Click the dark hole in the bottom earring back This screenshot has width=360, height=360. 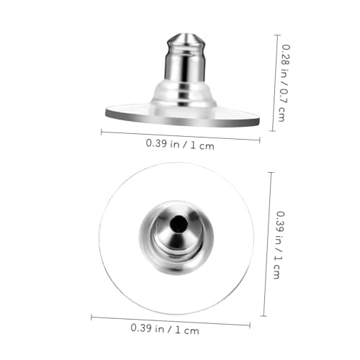click(179, 224)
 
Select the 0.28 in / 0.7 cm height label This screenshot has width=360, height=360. click(284, 83)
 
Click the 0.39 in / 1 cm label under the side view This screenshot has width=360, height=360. click(180, 145)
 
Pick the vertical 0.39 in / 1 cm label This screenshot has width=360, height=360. click(279, 245)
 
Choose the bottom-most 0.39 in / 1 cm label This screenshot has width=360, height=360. click(165, 329)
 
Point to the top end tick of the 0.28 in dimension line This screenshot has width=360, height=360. click(278, 35)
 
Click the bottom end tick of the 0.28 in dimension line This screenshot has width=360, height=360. click(272, 131)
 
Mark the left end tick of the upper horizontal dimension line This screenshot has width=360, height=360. click(102, 132)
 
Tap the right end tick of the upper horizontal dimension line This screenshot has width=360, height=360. click(259, 140)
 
